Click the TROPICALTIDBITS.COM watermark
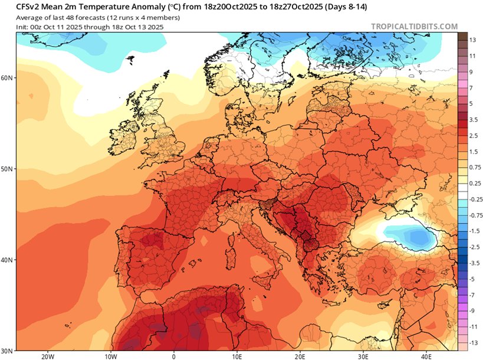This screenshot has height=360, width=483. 414,27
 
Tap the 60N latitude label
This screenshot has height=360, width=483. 8,77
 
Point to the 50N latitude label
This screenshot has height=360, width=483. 8,169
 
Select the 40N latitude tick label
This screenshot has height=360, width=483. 8,260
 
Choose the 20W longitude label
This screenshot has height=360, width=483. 48,356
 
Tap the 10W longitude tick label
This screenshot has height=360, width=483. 110,356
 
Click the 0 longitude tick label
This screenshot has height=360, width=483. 174,356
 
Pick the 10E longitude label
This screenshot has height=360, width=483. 237,356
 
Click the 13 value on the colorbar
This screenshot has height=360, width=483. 472,38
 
